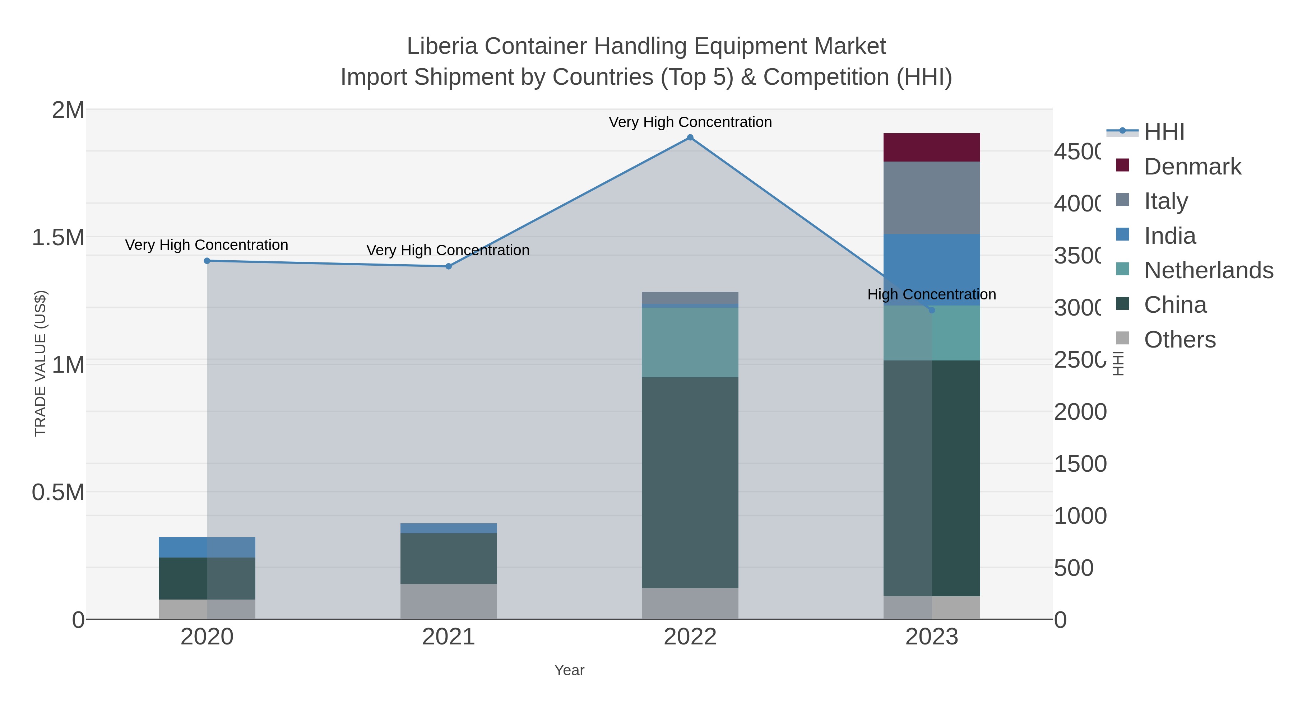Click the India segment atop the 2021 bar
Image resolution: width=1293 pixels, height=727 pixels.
[x=448, y=528]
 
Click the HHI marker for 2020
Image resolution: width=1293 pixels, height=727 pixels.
[x=207, y=261]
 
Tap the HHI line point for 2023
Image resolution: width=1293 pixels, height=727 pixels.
[x=932, y=310]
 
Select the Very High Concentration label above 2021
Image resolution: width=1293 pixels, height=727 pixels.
[x=448, y=250]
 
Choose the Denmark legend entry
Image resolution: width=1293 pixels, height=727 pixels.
[x=1192, y=167]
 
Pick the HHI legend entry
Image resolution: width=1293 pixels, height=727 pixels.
[x=1163, y=132]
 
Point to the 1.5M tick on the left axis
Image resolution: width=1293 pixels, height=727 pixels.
[x=58, y=237]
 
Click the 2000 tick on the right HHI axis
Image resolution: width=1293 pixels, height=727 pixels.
[x=1079, y=412]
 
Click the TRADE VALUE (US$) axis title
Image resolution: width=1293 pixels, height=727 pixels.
[x=40, y=363]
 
